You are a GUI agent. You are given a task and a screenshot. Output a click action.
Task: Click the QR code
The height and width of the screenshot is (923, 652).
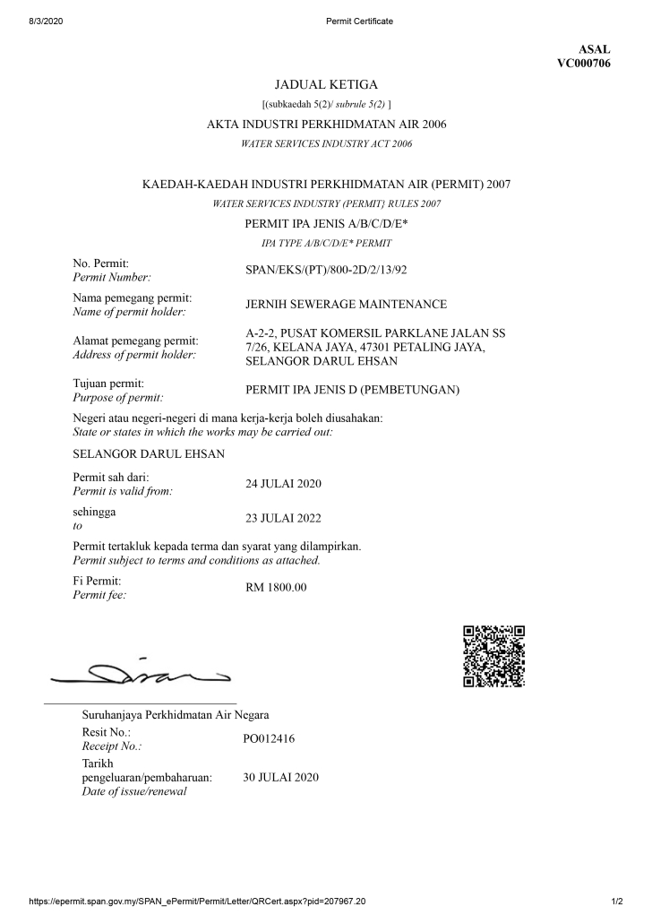(493, 656)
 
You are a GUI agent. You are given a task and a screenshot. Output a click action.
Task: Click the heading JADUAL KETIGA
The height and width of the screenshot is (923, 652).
(326, 85)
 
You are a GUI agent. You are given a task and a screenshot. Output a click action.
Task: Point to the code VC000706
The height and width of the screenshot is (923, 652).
(584, 64)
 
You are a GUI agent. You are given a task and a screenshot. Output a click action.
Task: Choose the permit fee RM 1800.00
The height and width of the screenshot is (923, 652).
(276, 588)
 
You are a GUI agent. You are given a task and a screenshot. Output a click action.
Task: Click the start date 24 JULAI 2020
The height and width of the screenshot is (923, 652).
(283, 484)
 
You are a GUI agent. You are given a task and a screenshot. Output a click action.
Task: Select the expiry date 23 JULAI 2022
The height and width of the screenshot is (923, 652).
(283, 518)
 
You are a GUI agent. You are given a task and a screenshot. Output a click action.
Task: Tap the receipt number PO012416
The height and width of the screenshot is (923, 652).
(269, 739)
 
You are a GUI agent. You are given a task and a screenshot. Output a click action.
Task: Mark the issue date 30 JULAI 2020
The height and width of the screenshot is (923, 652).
(281, 777)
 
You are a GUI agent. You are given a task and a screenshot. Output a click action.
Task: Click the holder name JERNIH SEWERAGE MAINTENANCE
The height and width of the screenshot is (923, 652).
(346, 305)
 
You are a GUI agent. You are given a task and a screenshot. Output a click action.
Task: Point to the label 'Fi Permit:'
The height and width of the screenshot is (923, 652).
(97, 581)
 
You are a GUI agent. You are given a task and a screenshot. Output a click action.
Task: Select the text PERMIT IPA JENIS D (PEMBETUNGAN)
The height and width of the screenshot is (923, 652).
(352, 390)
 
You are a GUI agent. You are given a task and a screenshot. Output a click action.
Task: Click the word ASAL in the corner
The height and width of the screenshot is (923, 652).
(595, 49)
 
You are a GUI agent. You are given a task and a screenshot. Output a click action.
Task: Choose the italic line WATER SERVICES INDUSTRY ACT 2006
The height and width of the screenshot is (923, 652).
(326, 143)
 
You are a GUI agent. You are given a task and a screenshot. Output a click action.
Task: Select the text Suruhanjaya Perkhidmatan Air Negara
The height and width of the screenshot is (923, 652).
(176, 715)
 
